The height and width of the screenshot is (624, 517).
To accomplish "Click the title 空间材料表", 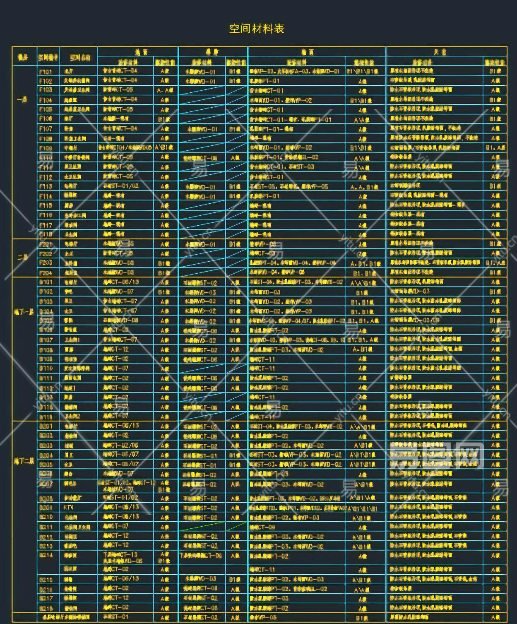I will (257, 29).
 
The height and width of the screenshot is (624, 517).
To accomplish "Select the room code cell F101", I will (46, 72).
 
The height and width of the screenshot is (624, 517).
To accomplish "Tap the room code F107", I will (46, 129).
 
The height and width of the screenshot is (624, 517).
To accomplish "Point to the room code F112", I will (46, 177).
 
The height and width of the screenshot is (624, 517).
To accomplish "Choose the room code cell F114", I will (46, 196).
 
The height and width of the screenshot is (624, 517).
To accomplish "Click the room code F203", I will (46, 263).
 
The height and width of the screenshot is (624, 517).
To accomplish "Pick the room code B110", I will (46, 368).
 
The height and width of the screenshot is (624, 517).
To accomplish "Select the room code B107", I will (46, 340).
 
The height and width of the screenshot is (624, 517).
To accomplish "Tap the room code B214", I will (46, 555).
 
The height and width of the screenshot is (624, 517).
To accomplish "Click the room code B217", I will (46, 598).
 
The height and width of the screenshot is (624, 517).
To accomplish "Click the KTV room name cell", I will (68, 508).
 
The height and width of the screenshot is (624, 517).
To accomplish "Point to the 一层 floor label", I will (22, 100).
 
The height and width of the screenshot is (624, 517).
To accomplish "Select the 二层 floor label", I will (23, 257).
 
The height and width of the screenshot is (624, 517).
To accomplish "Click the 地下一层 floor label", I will (24, 312).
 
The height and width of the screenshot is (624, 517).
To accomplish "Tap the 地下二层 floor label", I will (24, 460).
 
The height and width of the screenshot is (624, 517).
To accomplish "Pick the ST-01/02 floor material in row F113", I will (121, 186).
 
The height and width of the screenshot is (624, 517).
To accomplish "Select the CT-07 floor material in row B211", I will (116, 526).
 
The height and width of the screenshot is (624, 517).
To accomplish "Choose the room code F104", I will (46, 100).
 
